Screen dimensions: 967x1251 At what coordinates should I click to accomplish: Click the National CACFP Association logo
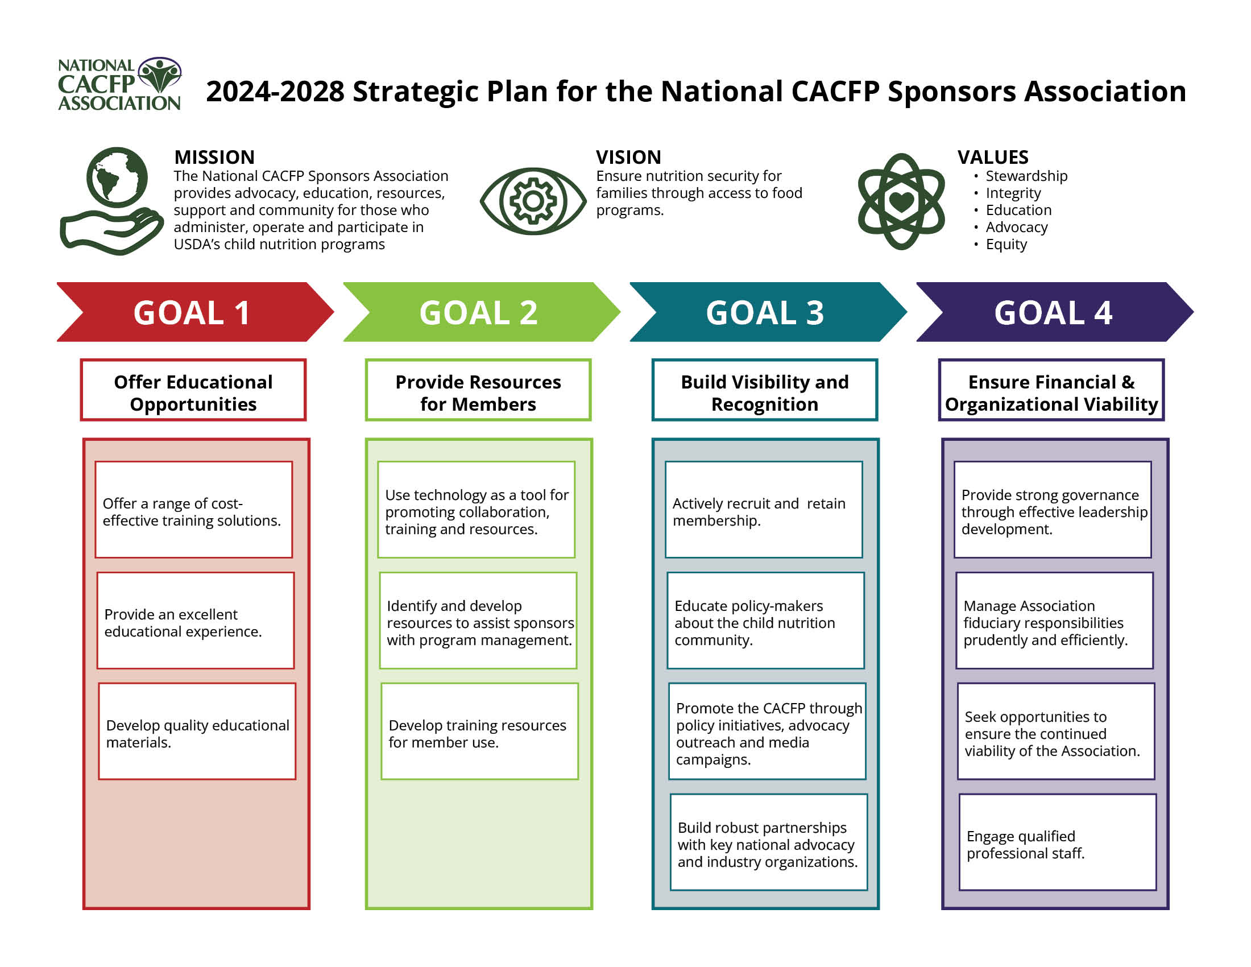(x=120, y=84)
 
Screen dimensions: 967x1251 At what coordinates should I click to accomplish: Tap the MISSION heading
(x=214, y=157)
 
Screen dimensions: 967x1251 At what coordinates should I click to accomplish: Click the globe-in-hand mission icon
(x=113, y=200)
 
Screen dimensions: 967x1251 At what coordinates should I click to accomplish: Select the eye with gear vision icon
(x=533, y=201)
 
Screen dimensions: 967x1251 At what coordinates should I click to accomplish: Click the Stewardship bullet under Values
(x=1026, y=176)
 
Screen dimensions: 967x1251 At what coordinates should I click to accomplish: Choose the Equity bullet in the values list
(x=1006, y=244)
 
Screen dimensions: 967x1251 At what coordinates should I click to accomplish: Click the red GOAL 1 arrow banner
(x=193, y=312)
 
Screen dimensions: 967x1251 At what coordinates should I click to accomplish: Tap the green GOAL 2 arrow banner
(x=480, y=312)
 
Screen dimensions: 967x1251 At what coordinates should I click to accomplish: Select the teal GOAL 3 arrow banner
(x=767, y=312)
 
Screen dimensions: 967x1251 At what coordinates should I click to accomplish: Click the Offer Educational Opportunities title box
(x=193, y=390)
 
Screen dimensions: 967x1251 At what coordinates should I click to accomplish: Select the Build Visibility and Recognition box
(x=765, y=390)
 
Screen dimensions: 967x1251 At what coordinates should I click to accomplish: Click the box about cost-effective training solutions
(x=193, y=509)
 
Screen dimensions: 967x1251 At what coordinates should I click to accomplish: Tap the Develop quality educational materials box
(x=197, y=731)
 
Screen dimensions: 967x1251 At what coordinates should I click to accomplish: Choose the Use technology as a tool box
(x=476, y=509)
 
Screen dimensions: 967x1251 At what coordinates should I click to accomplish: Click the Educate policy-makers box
(x=765, y=621)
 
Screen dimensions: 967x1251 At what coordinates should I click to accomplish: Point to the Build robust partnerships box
(x=769, y=842)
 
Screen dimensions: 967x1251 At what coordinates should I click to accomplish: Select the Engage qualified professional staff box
(x=1058, y=842)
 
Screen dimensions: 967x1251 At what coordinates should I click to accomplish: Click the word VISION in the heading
(x=628, y=157)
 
